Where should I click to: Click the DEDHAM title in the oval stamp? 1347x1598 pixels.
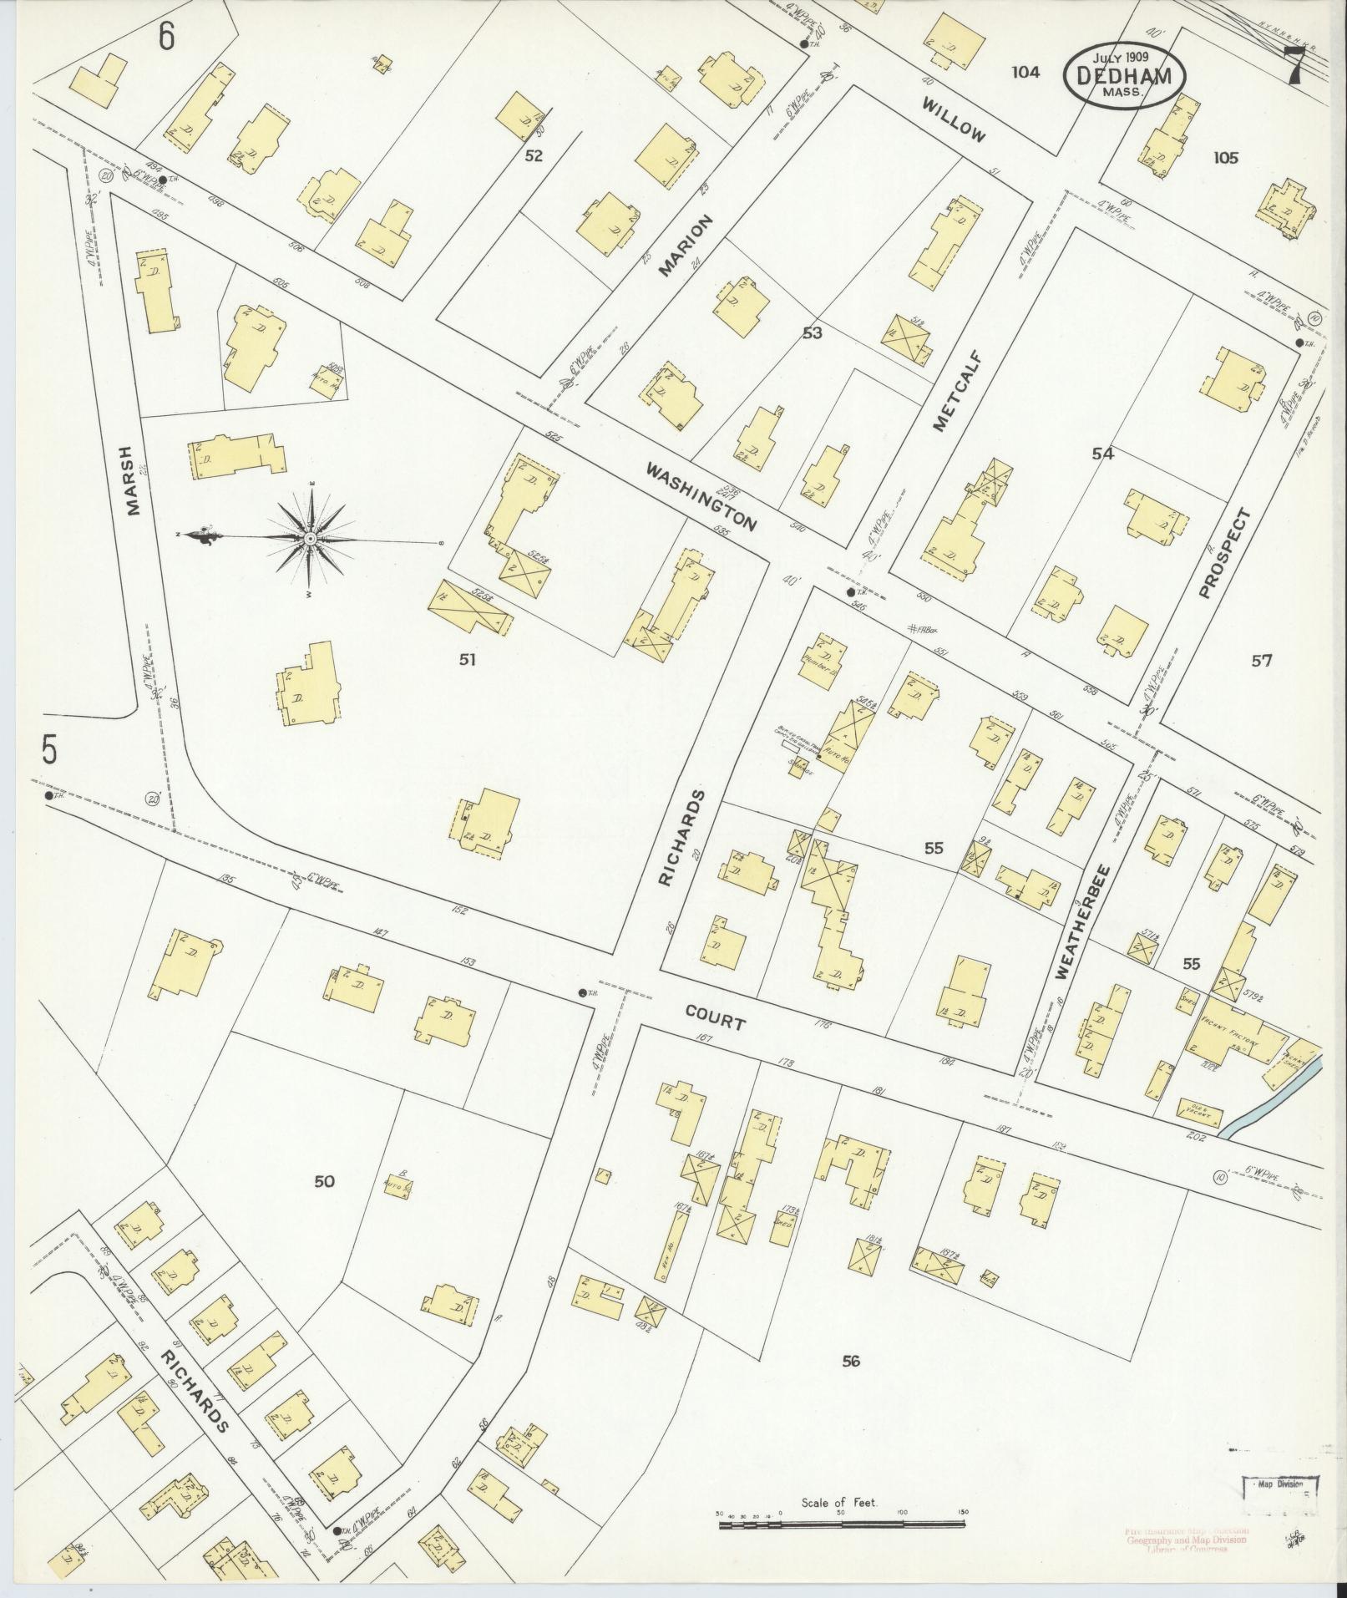pos(1123,75)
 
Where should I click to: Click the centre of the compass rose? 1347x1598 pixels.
pos(310,539)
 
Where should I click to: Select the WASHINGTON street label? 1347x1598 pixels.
pos(701,499)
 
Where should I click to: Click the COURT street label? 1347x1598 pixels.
pos(715,1017)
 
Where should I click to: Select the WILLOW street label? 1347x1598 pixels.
pos(955,119)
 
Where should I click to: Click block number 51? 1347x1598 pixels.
pos(467,660)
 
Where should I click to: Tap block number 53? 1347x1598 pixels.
pos(812,333)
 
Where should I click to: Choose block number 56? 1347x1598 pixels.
pos(850,1362)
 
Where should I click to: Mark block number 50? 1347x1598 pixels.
pos(324,1181)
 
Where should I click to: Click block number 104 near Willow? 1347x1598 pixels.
pos(1025,73)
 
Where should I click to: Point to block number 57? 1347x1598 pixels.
pos(1261,661)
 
